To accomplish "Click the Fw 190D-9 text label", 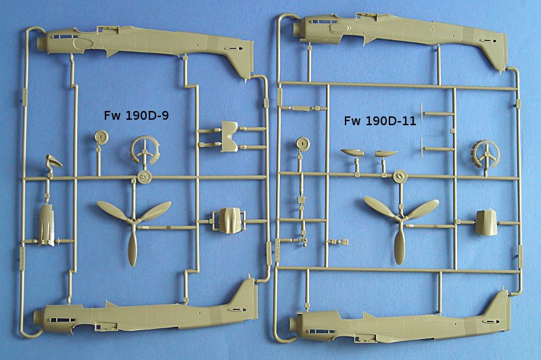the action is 137,115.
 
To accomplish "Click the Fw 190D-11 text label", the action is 380,121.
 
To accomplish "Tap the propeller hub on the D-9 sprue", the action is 133,221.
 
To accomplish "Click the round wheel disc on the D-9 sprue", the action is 101,137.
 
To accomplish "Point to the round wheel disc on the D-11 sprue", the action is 302,144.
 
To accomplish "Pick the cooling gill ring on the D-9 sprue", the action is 145,150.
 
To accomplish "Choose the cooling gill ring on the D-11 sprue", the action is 486,154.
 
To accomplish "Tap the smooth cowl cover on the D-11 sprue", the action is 486,223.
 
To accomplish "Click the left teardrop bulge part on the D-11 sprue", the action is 352,152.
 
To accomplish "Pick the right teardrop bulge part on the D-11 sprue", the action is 385,153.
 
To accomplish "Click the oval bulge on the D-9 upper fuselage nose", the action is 83,44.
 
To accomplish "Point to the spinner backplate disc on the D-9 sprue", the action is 144,177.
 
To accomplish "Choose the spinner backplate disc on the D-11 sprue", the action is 400,177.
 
